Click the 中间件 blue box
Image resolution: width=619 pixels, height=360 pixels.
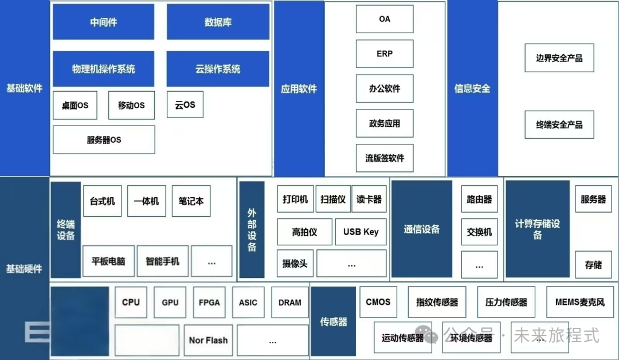tap(103, 22)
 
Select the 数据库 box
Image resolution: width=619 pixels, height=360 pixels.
tap(218, 22)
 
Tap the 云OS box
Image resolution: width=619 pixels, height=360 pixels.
tap(185, 105)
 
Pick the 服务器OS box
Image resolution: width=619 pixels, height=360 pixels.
tap(104, 140)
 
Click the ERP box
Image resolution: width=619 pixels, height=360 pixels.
tap(385, 54)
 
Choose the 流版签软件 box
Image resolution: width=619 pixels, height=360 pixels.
tap(385, 158)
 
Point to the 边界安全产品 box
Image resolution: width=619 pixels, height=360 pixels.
tap(559, 58)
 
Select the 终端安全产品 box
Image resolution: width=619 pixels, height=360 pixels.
tap(559, 124)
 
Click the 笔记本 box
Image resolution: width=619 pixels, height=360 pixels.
tap(191, 201)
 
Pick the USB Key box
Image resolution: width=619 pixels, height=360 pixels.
tap(361, 232)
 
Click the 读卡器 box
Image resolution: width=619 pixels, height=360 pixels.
tap(369, 199)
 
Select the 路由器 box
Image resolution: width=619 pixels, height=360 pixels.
tap(479, 199)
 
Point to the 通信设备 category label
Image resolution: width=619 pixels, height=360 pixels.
tap(422, 229)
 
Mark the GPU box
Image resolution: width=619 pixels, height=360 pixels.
tap(170, 303)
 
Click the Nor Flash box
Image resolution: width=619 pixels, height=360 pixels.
tap(208, 341)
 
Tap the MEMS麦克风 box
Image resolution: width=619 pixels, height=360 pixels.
tap(579, 302)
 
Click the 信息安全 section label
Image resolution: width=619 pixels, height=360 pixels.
tap(472, 89)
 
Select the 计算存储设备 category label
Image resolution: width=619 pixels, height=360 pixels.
tap(537, 229)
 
